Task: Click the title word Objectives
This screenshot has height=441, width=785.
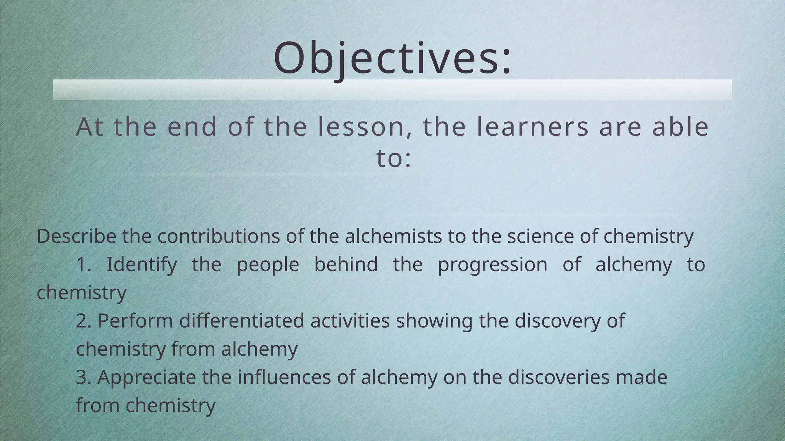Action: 392,58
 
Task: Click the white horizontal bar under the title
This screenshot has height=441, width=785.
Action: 392,90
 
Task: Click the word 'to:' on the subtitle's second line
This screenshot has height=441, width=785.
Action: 394,158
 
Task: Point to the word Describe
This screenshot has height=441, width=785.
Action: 76,236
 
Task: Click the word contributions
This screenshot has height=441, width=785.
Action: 218,236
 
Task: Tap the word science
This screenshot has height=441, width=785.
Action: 540,236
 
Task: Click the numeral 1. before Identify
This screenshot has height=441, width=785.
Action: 84,265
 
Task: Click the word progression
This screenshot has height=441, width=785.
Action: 493,265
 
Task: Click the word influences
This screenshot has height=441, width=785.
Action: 284,377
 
